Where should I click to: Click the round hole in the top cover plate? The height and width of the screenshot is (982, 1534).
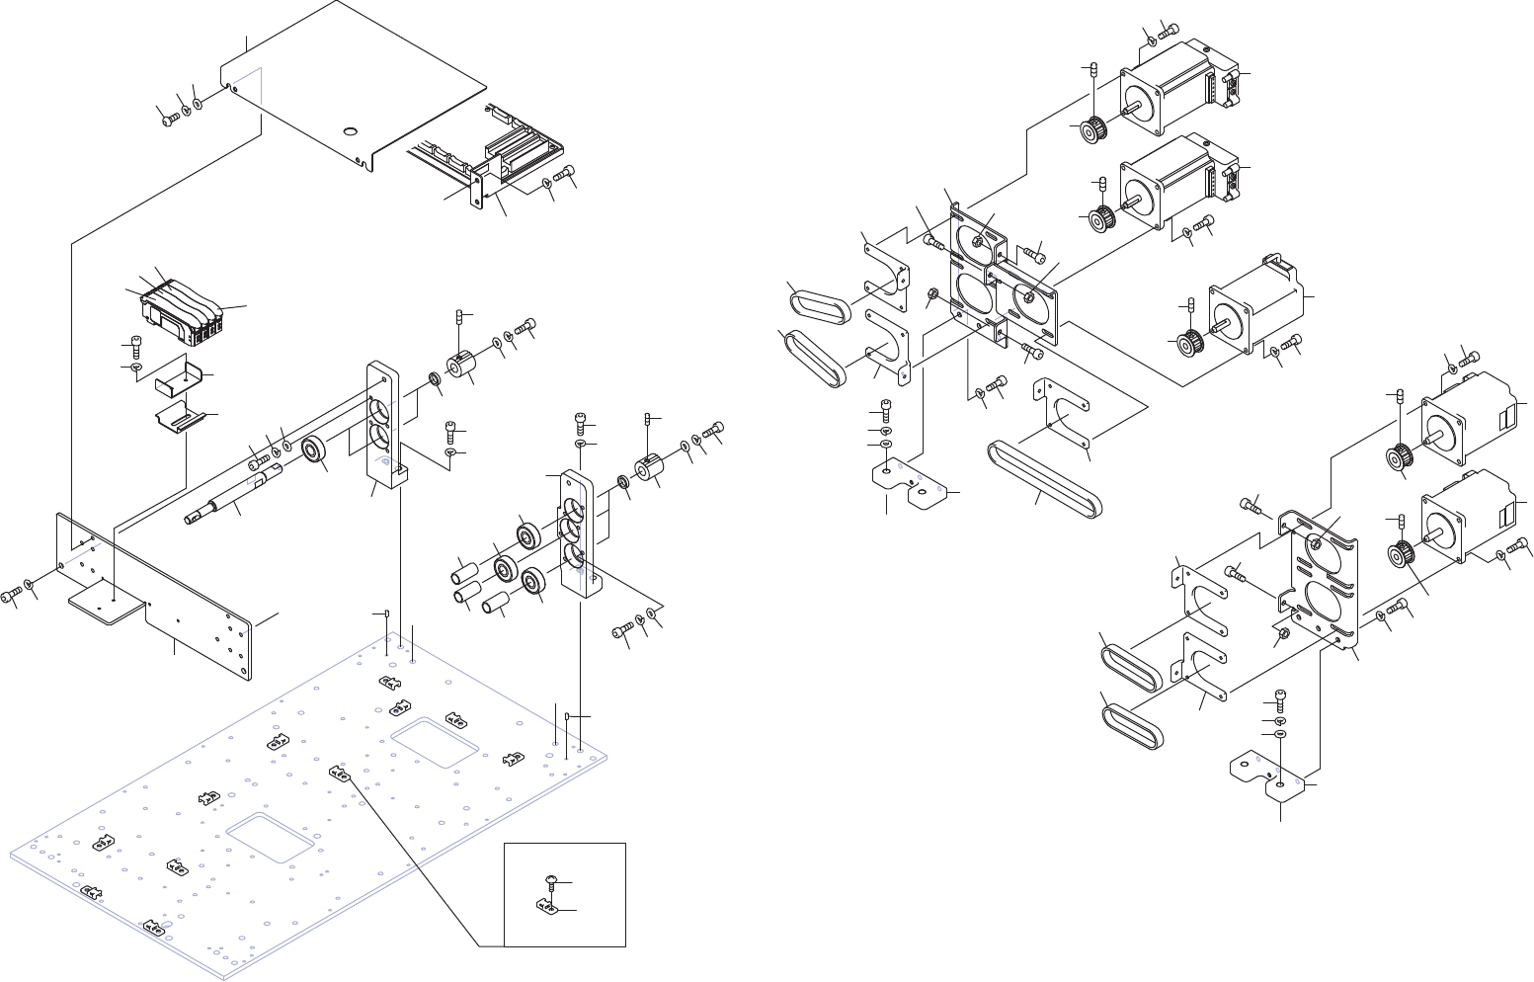click(x=351, y=131)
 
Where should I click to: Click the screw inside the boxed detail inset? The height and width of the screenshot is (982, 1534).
click(x=551, y=882)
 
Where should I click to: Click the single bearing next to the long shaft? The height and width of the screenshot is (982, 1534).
click(x=315, y=450)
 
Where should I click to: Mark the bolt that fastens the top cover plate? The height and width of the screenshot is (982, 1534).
click(x=168, y=118)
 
